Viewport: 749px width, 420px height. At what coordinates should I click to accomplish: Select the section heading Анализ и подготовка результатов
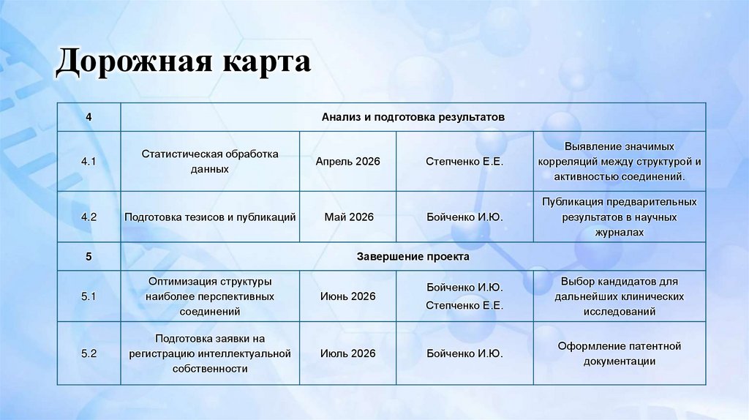(x=413, y=117)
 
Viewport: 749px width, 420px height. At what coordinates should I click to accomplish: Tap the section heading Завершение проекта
(x=413, y=257)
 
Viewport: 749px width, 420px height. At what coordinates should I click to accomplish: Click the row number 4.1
(x=89, y=161)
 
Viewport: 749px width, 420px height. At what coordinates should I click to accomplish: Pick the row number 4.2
(x=89, y=217)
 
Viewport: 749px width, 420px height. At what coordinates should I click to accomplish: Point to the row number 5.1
(x=89, y=296)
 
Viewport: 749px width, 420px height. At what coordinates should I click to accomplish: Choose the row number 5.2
(x=89, y=353)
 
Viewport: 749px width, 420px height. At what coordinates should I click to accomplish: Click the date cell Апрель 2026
(x=347, y=161)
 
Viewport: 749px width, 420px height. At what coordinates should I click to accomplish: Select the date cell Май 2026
(x=348, y=217)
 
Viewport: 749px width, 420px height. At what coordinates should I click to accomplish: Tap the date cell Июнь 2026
(x=347, y=296)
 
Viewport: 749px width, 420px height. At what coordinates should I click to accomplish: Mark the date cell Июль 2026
(x=347, y=353)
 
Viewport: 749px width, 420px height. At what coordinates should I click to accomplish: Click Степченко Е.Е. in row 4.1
(x=464, y=161)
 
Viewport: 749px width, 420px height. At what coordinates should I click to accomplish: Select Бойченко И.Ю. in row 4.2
(x=464, y=217)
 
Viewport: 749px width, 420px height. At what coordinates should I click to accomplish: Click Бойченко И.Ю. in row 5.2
(x=464, y=353)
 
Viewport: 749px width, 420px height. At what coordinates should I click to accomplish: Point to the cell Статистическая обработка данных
(x=210, y=161)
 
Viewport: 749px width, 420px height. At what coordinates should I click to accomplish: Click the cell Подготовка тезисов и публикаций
(x=210, y=217)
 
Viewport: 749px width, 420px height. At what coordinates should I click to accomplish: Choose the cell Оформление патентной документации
(x=620, y=353)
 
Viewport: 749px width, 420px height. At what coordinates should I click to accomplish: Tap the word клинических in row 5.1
(x=648, y=296)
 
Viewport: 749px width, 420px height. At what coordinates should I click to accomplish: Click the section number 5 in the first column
(x=89, y=257)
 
